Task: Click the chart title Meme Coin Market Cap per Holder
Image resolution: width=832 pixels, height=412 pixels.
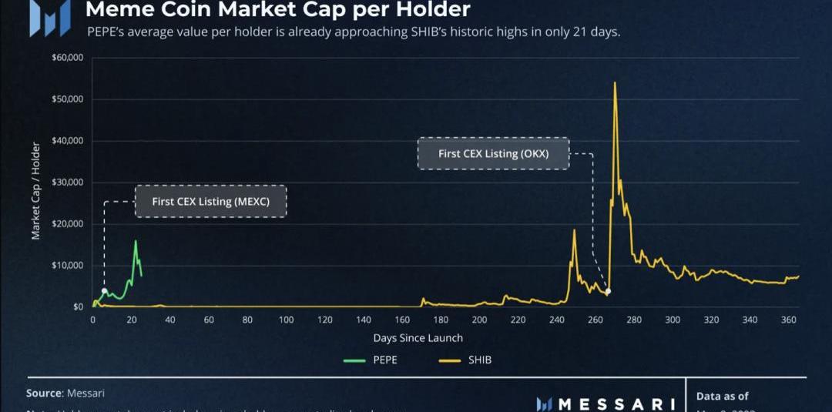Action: [x=277, y=10]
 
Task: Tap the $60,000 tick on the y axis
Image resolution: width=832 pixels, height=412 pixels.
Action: [x=67, y=59]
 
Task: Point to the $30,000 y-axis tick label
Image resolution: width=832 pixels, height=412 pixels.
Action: [x=67, y=183]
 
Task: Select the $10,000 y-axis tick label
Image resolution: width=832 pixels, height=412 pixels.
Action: [x=67, y=266]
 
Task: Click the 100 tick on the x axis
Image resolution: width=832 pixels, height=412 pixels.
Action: [x=286, y=320]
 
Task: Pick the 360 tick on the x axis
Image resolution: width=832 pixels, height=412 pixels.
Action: [x=788, y=320]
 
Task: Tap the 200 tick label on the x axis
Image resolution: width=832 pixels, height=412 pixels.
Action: [x=479, y=320]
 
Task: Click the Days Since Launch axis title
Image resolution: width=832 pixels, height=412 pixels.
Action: [x=418, y=338]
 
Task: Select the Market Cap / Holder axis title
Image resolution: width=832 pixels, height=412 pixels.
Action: [x=36, y=190]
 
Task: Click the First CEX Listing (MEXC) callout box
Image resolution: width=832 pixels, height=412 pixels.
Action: [x=210, y=201]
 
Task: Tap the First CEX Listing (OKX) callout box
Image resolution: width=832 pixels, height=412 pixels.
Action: [x=493, y=153]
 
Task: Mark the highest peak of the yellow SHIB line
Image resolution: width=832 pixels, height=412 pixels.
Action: [x=615, y=83]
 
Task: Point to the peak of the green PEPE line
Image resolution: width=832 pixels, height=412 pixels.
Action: [x=136, y=241]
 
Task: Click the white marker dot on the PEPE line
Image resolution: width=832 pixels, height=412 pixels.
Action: [x=104, y=291]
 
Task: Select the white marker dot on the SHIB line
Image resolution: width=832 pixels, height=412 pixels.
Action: [x=608, y=291]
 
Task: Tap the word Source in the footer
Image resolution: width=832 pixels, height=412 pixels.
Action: [x=44, y=393]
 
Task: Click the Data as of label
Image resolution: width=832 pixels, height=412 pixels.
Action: [x=722, y=396]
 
